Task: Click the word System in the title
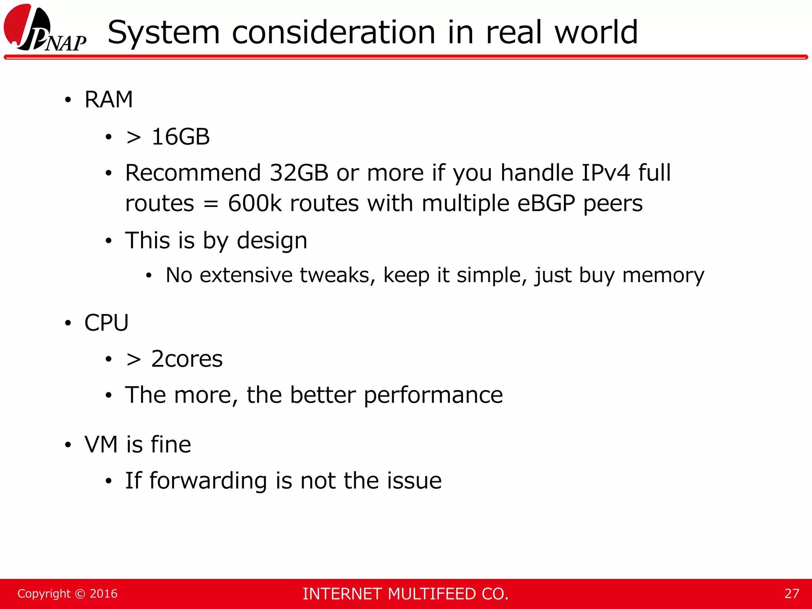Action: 163,33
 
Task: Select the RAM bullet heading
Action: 109,99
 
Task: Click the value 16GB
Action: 180,137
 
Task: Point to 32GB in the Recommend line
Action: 299,173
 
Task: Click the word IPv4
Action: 605,173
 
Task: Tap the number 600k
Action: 254,203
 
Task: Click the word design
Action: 272,241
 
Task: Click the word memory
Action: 663,275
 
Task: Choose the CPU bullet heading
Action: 106,323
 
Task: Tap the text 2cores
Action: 187,359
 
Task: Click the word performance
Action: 433,395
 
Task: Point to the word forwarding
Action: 208,481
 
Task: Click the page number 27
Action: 792,594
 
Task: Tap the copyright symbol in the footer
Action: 80,594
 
